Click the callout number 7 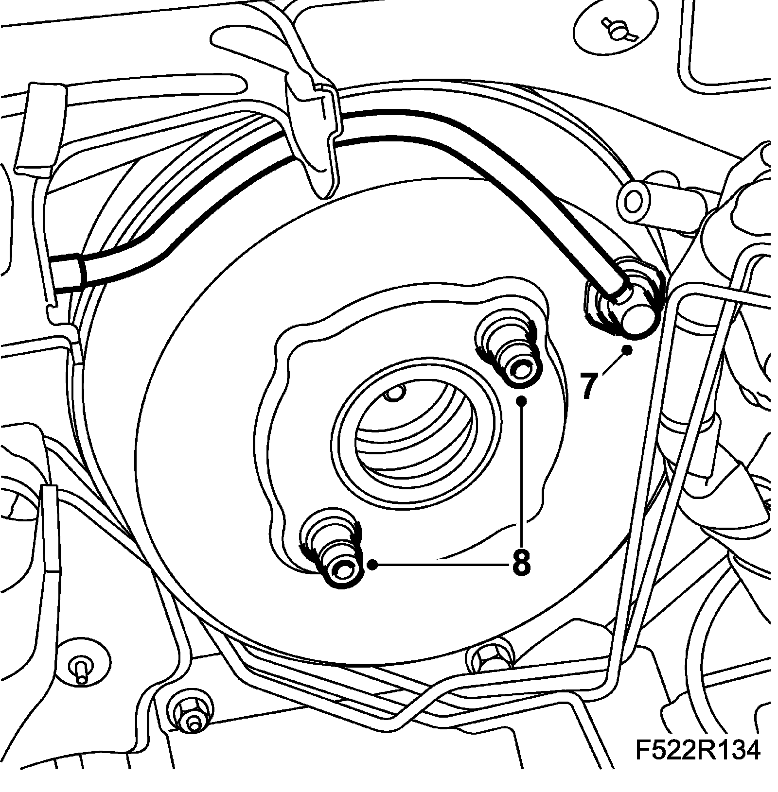589,386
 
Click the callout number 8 521,564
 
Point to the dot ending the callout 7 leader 628,349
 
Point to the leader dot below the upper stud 521,401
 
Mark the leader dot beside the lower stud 373,564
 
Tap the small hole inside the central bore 394,394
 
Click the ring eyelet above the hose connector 633,199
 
